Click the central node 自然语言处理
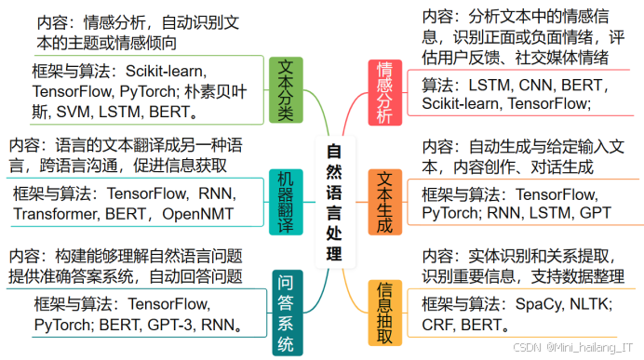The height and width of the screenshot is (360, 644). coord(334,201)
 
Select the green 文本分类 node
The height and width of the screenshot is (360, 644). coord(288,90)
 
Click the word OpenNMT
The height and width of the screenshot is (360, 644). coord(197,214)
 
